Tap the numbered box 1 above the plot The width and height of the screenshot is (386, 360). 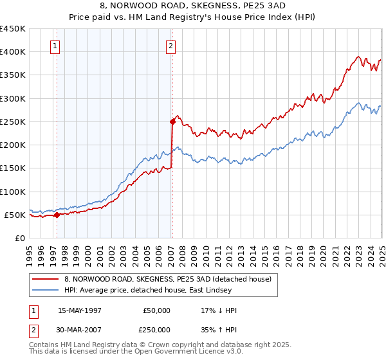[x=55, y=46]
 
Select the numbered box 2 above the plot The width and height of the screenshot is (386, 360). [x=170, y=46]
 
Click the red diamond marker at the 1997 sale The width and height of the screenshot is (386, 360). [x=57, y=215]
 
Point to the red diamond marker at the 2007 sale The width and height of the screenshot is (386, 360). [x=172, y=121]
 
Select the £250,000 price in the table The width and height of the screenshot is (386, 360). [x=158, y=329]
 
